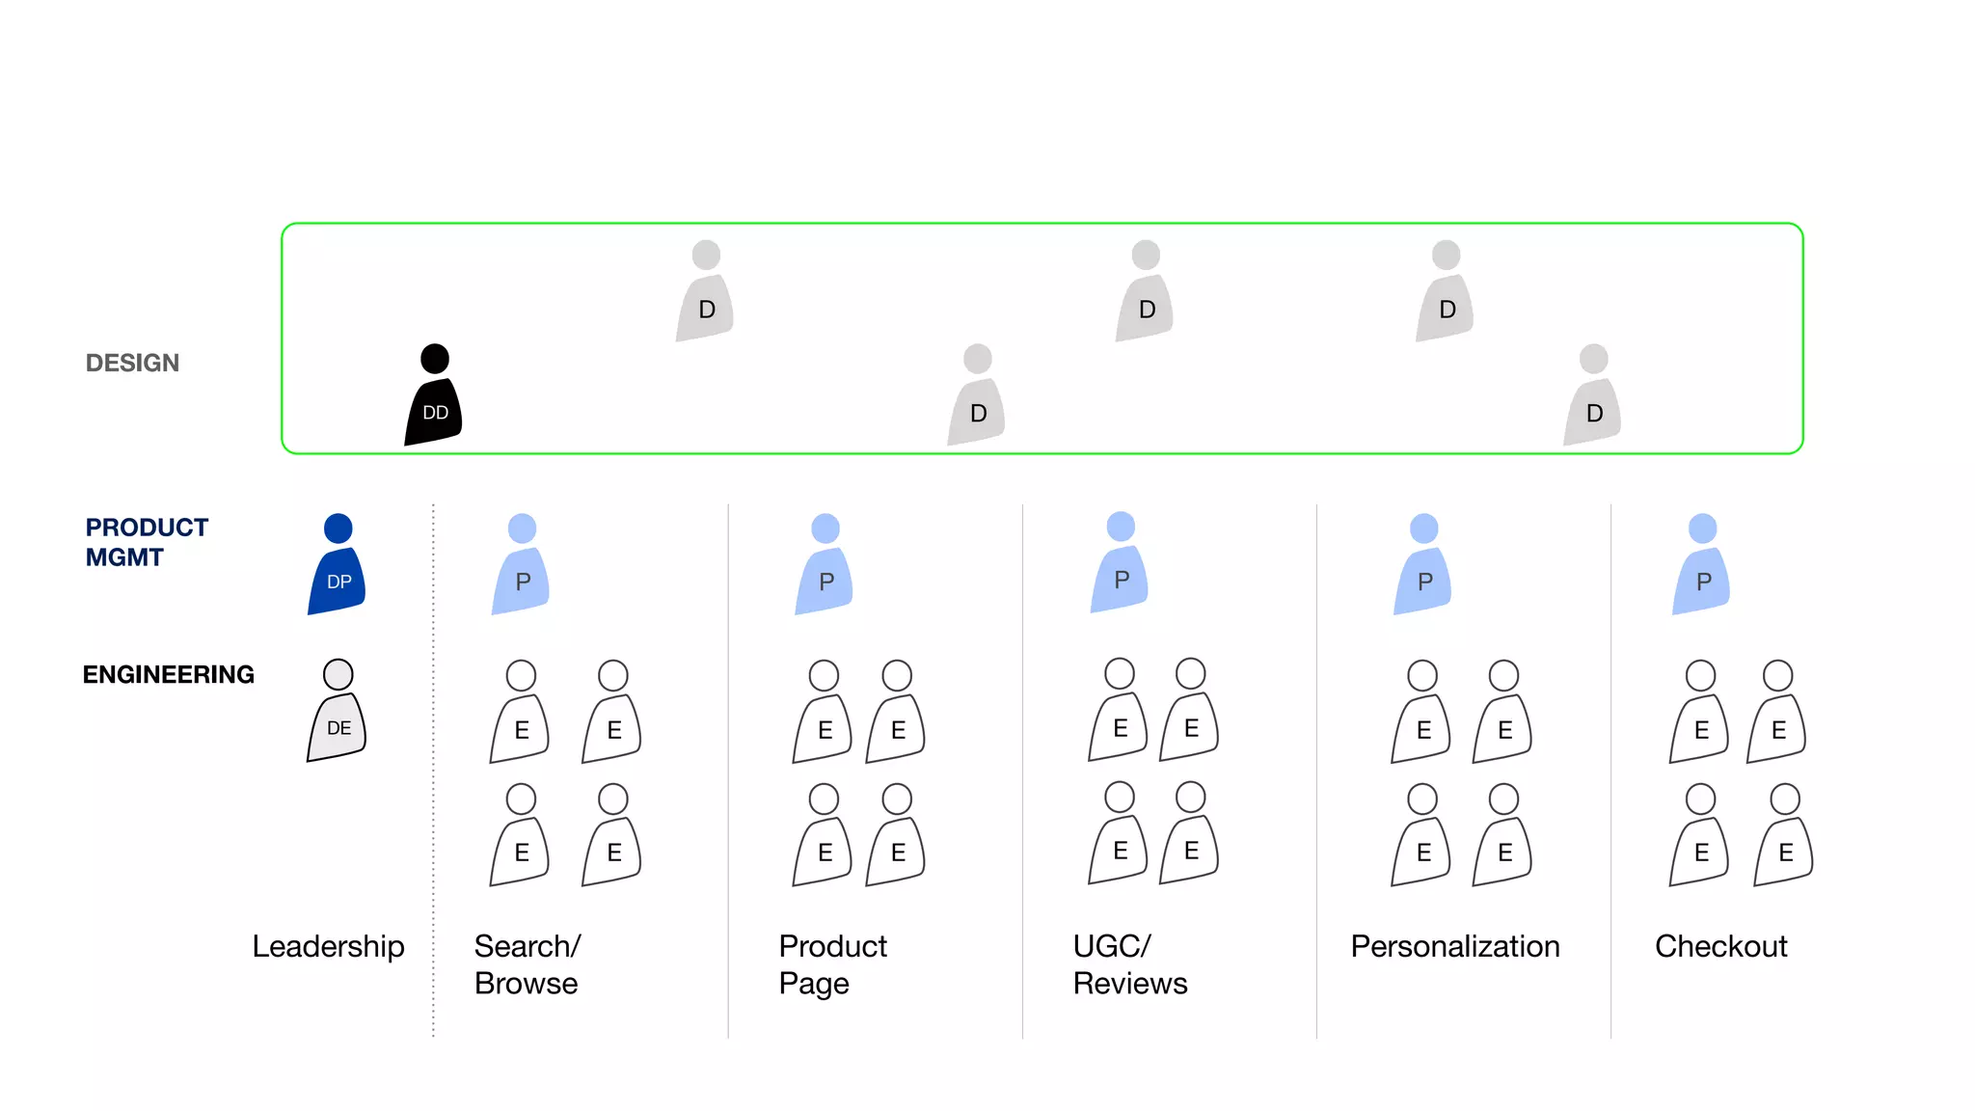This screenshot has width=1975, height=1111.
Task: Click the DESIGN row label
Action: click(132, 363)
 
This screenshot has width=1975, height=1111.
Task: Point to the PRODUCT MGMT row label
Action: click(147, 542)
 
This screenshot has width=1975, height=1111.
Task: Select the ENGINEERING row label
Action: click(169, 674)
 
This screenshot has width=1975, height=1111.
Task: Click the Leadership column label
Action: click(328, 946)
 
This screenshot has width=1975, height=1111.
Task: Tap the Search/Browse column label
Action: click(527, 964)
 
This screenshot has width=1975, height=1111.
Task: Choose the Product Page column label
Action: click(832, 964)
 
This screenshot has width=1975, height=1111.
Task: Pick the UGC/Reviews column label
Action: click(1129, 964)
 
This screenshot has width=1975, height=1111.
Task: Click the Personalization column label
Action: click(1454, 946)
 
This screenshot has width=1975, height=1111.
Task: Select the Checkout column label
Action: click(1720, 946)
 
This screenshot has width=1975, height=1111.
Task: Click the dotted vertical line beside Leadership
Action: click(433, 772)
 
